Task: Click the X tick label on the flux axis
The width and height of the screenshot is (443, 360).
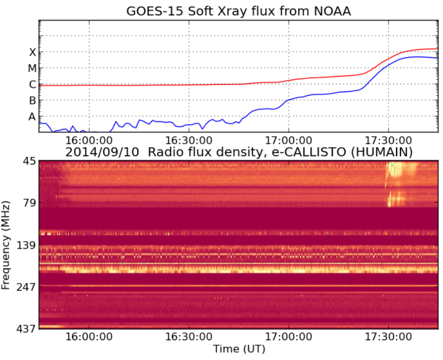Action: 32,52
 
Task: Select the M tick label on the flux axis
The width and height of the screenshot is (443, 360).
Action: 32,68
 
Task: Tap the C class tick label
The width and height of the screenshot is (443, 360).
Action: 32,85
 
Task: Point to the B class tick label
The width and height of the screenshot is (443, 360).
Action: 32,101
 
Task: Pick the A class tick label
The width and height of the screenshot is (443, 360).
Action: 32,117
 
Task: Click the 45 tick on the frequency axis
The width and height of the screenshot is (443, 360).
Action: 29,161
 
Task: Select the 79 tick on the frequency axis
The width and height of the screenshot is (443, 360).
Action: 29,203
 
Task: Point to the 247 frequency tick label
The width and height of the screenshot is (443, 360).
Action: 26,287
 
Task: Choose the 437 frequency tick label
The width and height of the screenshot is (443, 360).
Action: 26,329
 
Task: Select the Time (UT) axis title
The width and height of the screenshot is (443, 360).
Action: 238,350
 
